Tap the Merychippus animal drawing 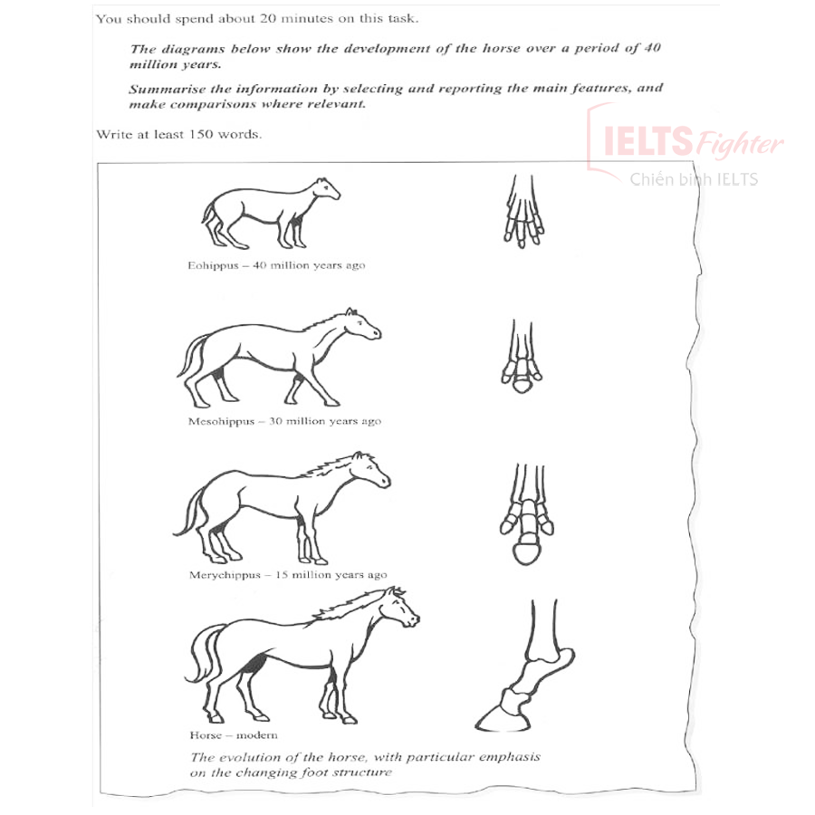[281, 507]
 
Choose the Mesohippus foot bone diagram [523, 359]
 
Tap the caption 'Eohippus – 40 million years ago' [276, 266]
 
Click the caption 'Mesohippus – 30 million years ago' [284, 421]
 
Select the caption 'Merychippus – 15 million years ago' [287, 575]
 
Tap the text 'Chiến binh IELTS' [694, 179]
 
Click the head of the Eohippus [326, 189]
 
